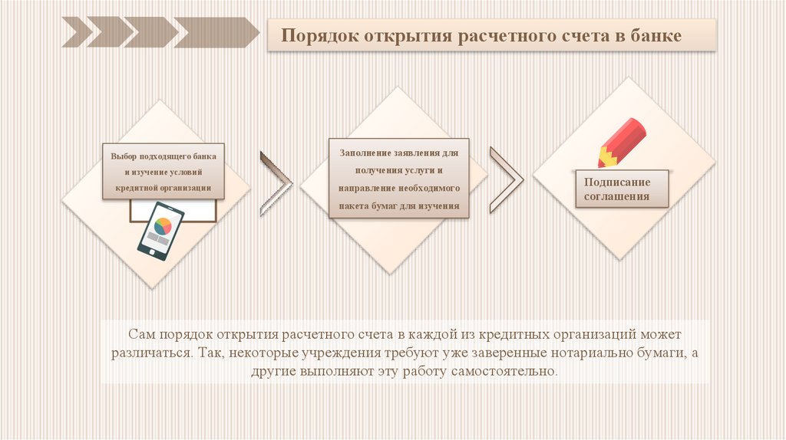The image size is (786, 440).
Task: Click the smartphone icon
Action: (x=160, y=231)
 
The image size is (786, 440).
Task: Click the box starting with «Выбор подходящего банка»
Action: (x=163, y=171)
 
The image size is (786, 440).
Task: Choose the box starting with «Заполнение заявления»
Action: (x=398, y=179)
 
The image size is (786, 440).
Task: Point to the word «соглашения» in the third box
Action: (x=616, y=197)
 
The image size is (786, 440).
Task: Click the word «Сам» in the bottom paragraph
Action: (x=142, y=337)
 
